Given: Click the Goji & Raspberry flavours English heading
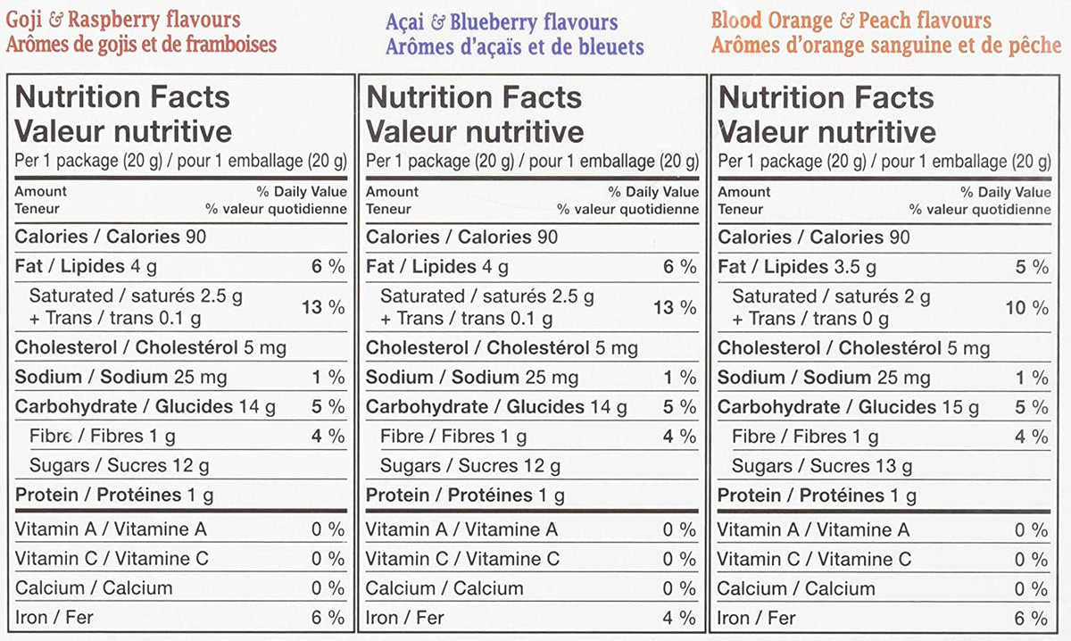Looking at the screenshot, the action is click(x=123, y=21).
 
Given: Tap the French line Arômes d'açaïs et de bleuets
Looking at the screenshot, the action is click(x=515, y=47).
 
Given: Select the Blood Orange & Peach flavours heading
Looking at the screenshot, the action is click(x=851, y=21).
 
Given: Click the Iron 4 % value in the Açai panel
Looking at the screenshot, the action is click(x=679, y=618).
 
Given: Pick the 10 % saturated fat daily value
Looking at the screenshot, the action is click(x=1027, y=308).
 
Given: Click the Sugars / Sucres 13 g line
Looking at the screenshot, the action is click(x=822, y=466).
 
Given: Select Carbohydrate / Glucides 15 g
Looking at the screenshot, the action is click(x=848, y=408).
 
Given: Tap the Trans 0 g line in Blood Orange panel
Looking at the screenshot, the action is click(x=810, y=319).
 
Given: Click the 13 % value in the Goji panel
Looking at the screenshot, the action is click(x=323, y=307).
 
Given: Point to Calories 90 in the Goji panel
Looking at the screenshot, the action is click(x=111, y=237).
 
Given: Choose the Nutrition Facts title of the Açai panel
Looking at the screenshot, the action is click(x=474, y=97).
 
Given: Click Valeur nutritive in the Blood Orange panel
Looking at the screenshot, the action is click(x=826, y=132).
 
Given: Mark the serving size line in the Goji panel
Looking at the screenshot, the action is click(x=180, y=162).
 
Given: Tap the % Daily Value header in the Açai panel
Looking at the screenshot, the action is click(x=653, y=192).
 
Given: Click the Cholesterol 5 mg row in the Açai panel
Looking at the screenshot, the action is click(x=502, y=348).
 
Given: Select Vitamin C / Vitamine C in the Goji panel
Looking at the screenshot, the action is click(x=112, y=559).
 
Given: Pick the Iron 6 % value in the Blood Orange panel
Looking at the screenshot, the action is click(x=1031, y=619).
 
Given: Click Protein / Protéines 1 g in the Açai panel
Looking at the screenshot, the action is click(x=465, y=495).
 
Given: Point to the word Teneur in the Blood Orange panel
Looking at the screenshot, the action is click(x=740, y=209).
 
